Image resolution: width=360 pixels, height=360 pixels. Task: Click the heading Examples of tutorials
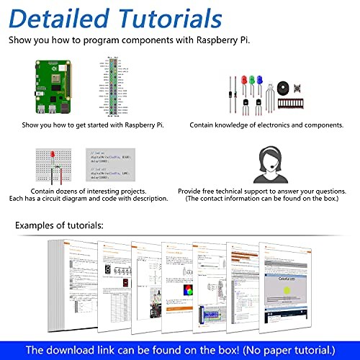(x=60, y=226)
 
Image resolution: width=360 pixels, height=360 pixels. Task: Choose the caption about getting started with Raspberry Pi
(x=93, y=125)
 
